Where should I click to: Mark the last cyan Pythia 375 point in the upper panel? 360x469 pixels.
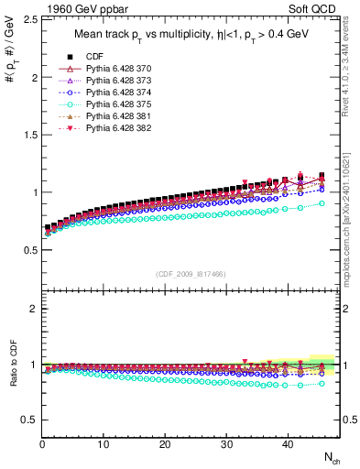pos(320,203)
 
